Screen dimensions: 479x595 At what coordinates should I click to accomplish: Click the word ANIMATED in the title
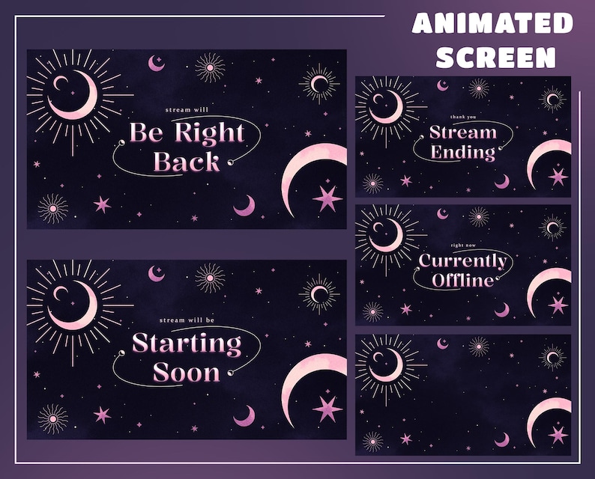pyautogui.click(x=492, y=24)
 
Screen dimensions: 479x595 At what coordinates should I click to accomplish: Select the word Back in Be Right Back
pyautogui.click(x=187, y=162)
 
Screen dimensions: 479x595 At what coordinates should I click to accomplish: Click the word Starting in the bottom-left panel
pyautogui.click(x=187, y=344)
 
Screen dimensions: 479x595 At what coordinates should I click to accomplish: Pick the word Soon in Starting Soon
pyautogui.click(x=187, y=372)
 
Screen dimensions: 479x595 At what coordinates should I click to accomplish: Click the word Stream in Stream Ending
pyautogui.click(x=463, y=133)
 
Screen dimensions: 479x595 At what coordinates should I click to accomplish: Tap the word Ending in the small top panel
pyautogui.click(x=463, y=153)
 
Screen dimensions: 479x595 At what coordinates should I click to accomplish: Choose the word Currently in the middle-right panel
pyautogui.click(x=463, y=261)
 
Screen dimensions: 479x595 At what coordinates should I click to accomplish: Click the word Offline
pyautogui.click(x=463, y=281)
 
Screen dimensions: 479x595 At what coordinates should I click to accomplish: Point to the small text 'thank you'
pyautogui.click(x=463, y=117)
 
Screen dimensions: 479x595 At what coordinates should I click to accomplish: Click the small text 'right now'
pyautogui.click(x=463, y=245)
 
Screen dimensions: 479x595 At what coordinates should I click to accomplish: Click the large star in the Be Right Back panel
pyautogui.click(x=327, y=198)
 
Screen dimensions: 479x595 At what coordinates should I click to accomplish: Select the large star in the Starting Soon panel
pyautogui.click(x=327, y=409)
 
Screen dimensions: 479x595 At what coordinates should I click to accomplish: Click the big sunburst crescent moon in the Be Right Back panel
pyautogui.click(x=74, y=97)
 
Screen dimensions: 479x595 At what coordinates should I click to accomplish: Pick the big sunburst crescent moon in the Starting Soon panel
pyautogui.click(x=74, y=307)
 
